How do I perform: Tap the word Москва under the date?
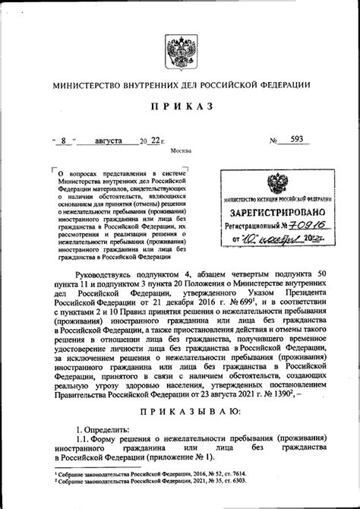[180, 150]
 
